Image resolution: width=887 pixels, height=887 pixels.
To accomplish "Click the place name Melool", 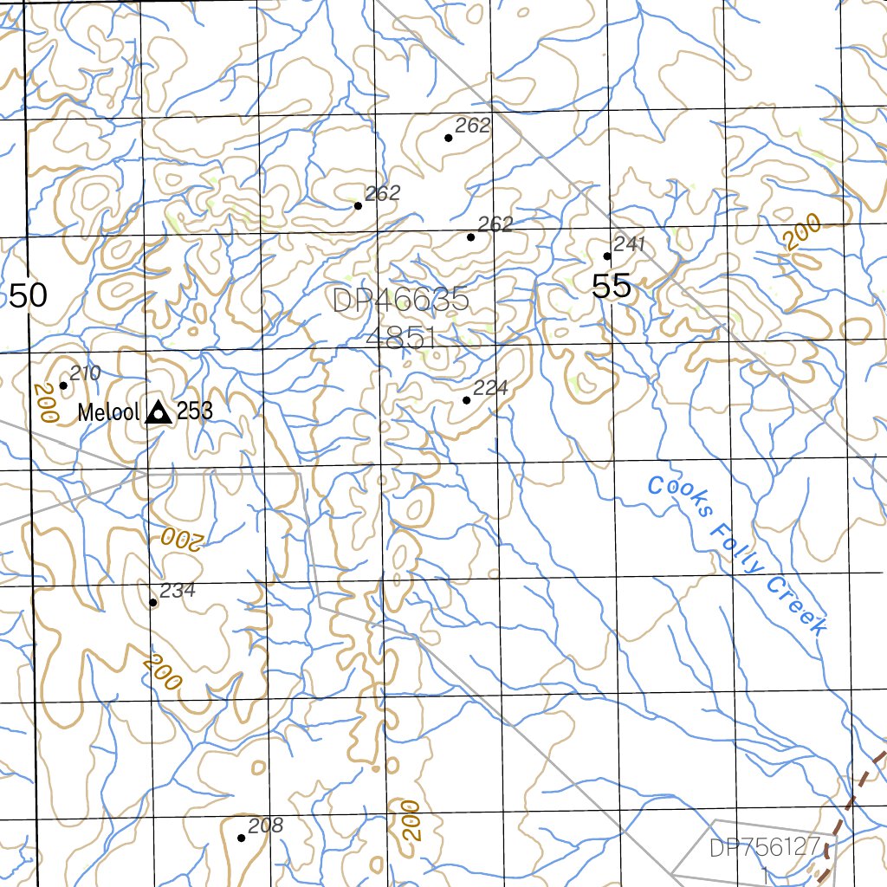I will (x=108, y=412).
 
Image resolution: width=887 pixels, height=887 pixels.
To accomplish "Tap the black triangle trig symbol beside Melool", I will (x=158, y=412).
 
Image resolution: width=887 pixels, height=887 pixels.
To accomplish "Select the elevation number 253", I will (x=195, y=411).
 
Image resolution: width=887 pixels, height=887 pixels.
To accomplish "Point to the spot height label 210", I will (x=86, y=373).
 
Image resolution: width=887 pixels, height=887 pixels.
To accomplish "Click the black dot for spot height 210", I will (x=63, y=385).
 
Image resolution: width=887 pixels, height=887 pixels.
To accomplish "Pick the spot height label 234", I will (x=178, y=591).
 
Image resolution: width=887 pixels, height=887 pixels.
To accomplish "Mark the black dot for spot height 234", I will (x=153, y=602).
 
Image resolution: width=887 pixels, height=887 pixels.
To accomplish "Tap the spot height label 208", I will (x=265, y=825).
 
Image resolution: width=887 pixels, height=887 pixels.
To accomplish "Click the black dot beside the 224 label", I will (x=467, y=400).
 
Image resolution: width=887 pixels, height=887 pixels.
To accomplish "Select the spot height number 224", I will (x=490, y=388).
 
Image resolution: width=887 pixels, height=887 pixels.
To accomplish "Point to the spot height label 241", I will (x=630, y=244).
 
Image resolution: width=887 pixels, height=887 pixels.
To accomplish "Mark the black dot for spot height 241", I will (x=607, y=256).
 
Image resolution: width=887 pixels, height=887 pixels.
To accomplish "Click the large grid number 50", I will (x=28, y=295).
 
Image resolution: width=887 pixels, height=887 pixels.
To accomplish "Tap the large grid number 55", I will (x=612, y=286).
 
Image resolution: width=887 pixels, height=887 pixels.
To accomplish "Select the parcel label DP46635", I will (x=400, y=301).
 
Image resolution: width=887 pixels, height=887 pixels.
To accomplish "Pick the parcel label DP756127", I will (x=763, y=848).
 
